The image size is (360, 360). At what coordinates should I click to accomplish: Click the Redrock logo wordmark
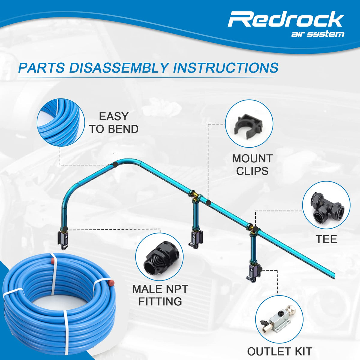pos(286,19)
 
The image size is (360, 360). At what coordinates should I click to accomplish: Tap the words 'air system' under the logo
pos(318,34)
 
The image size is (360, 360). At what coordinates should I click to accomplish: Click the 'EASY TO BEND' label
pos(114,123)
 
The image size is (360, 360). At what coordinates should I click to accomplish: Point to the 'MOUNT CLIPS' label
pos(252,165)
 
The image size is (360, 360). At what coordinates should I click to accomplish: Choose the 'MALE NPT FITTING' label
pos(160,295)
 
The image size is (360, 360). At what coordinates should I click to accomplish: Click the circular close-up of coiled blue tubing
pos(61,123)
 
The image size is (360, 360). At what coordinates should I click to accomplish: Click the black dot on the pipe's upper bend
pos(115,165)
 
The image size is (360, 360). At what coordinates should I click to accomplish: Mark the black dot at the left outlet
pos(65,229)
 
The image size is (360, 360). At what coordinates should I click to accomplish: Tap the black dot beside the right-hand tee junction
pos(255,229)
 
